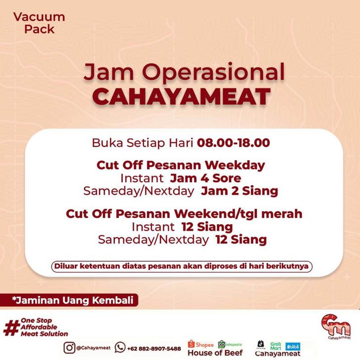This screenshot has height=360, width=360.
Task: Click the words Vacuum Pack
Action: (39, 23)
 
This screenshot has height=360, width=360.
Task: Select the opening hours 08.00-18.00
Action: (234, 143)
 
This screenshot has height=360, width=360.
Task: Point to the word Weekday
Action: (235, 165)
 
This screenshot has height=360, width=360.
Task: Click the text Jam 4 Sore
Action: (205, 178)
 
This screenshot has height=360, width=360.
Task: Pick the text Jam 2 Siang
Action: (240, 191)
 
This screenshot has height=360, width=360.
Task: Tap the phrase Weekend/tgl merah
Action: (238, 214)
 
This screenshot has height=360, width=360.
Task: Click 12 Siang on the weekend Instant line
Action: (207, 227)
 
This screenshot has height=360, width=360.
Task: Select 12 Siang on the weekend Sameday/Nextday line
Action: (241, 240)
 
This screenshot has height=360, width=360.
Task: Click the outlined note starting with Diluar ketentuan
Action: (181, 267)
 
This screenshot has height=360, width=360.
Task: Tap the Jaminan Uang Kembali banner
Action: (69, 300)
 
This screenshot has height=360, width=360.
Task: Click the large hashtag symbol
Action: (11, 328)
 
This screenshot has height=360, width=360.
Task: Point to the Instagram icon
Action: (69, 348)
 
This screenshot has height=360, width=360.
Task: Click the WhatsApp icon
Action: (120, 348)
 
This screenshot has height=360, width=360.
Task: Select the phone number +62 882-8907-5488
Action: (154, 349)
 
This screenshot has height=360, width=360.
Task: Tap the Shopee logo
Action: (201, 345)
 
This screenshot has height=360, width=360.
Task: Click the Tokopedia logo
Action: (230, 345)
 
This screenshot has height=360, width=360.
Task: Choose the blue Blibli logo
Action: (293, 347)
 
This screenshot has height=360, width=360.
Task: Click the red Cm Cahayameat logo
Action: (336, 326)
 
